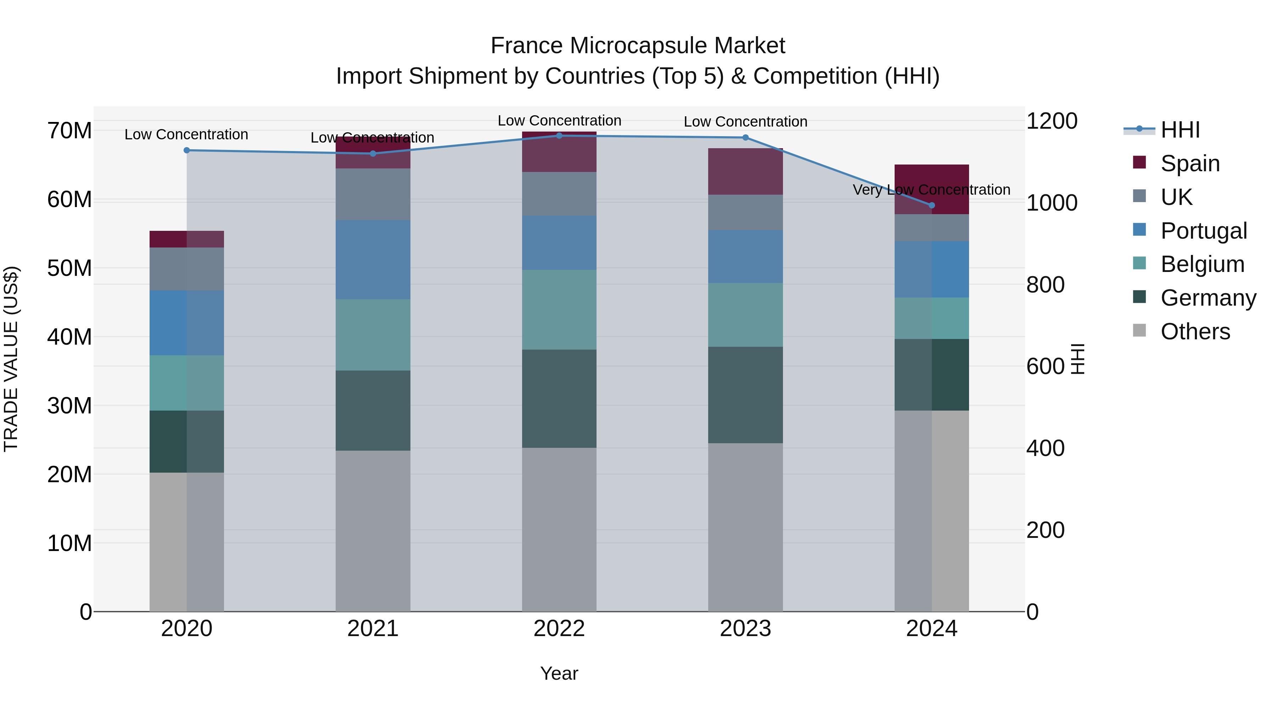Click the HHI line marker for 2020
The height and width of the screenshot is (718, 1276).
pos(187,150)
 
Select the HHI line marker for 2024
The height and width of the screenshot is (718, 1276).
pos(932,205)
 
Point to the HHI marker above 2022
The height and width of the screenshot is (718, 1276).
pos(559,135)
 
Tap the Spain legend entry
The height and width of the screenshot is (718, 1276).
pos(1189,163)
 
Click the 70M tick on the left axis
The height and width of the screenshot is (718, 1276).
pos(69,131)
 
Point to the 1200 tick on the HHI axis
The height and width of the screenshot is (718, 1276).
pos(1051,121)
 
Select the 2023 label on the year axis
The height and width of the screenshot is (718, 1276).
pos(745,629)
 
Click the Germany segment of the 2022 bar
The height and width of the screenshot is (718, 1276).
pos(559,399)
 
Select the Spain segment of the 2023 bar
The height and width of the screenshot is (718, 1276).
pos(745,172)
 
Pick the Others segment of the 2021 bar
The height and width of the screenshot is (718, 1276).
pos(373,530)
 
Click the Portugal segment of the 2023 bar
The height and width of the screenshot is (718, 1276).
pos(745,256)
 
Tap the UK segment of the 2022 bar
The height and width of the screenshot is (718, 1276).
pos(559,194)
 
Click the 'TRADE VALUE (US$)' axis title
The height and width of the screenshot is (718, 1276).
pos(11,359)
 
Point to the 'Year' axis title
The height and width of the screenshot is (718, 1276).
pos(559,673)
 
